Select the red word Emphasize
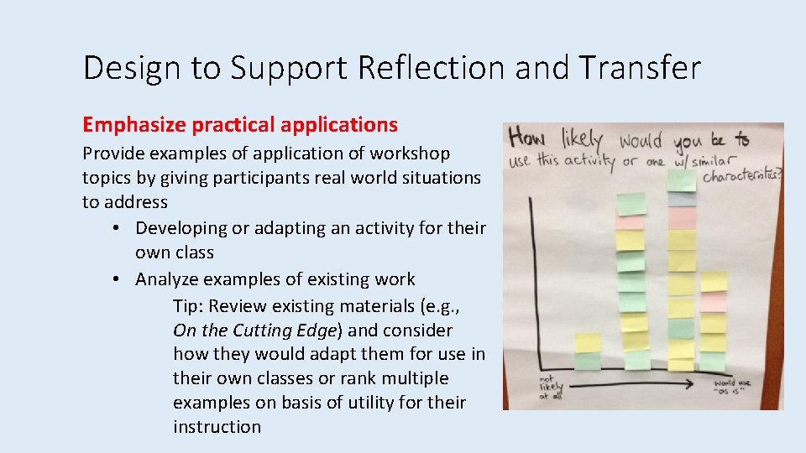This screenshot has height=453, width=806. pyautogui.click(x=134, y=126)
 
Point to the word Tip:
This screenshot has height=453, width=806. pyautogui.click(x=188, y=306)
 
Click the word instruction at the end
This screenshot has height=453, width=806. pyautogui.click(x=217, y=427)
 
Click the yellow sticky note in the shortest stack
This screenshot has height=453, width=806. pyautogui.click(x=588, y=343)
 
